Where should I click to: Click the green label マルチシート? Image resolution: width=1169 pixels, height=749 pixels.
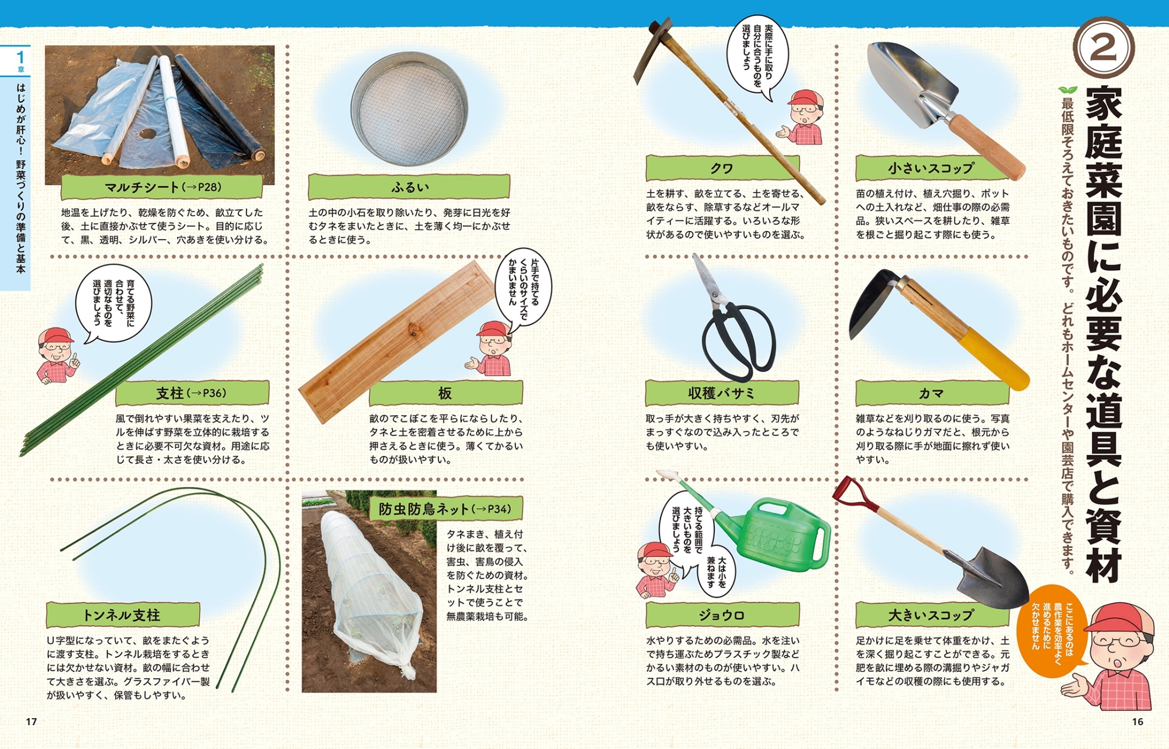click(161, 187)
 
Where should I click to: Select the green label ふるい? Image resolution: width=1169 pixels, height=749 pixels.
click(409, 187)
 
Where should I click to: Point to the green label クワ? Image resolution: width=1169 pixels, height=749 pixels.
click(722, 168)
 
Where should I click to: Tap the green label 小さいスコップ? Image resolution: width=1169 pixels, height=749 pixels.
click(932, 168)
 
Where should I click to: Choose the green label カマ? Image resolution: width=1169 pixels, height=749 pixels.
click(932, 393)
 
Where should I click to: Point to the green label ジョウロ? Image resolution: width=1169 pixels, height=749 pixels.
click(722, 615)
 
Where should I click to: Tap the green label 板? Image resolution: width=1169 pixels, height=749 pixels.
click(445, 393)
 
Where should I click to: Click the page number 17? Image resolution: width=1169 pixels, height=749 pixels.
click(32, 722)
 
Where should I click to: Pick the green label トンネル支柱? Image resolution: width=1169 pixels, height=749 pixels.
click(123, 615)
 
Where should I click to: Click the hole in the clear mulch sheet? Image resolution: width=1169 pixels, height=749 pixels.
click(147, 134)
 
